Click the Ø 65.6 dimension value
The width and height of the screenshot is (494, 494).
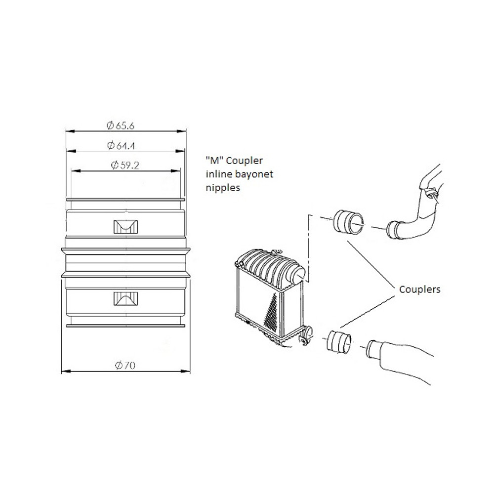tap(121, 125)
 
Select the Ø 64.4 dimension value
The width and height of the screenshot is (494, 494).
tap(121, 146)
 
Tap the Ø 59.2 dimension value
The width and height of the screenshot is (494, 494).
tap(125, 165)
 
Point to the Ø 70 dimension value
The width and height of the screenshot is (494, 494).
tap(125, 366)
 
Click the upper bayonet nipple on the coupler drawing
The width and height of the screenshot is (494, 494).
tap(125, 227)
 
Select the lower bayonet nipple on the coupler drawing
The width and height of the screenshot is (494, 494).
tap(125, 298)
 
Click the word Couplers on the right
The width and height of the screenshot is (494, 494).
tap(419, 289)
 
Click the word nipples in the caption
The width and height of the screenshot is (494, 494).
tap(223, 188)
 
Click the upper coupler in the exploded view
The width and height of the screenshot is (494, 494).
tap(348, 222)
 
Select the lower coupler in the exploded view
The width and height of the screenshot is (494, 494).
tap(339, 342)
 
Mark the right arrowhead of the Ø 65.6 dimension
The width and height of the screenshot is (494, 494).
tap(182, 131)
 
